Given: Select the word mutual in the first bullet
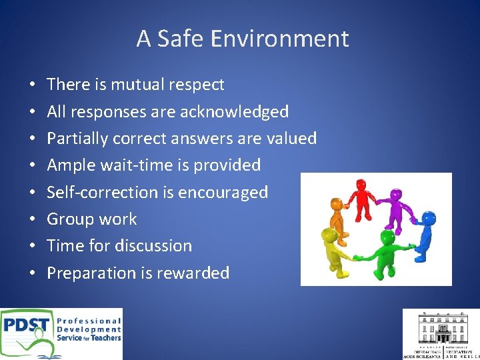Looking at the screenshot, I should tap(138, 85).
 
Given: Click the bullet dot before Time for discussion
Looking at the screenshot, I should tap(33, 247).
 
